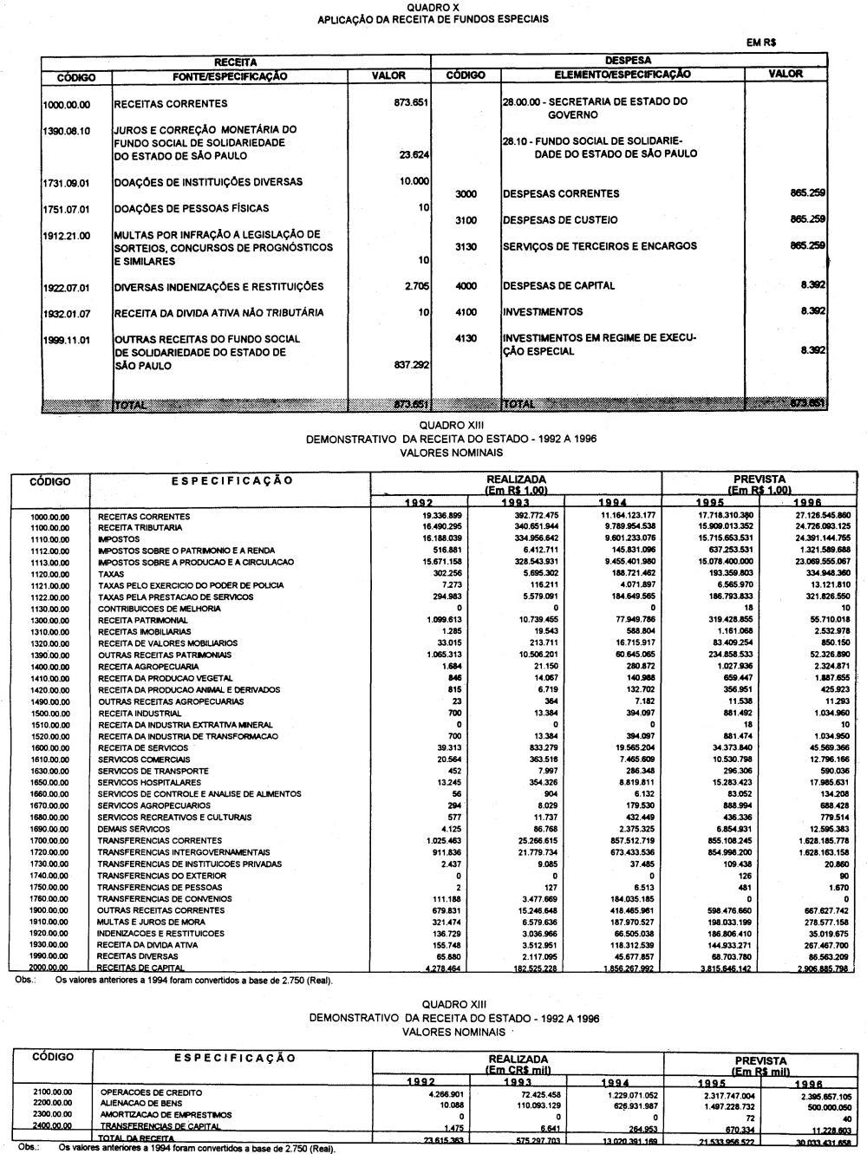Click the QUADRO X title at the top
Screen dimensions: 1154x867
(433, 7)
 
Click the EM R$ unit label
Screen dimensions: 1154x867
(760, 42)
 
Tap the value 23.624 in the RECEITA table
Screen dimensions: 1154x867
(414, 157)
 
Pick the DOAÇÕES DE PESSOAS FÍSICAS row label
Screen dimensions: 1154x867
(192, 209)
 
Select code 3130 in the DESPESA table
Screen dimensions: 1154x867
(466, 247)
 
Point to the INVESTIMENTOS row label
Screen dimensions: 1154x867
(543, 312)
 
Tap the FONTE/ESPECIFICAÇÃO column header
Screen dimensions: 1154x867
(230, 76)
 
